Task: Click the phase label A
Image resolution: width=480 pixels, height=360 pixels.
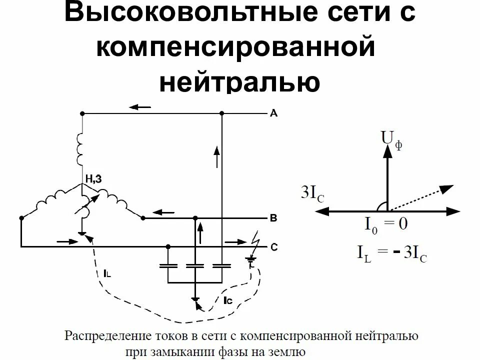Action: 273,113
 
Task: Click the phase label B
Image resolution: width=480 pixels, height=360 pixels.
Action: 273,218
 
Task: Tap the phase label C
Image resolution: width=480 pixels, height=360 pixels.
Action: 274,246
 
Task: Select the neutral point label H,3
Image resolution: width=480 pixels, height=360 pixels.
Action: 94,179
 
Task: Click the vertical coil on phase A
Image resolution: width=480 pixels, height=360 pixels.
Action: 80,149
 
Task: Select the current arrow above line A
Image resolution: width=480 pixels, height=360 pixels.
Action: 139,107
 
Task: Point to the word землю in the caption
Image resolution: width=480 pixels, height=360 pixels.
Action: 287,350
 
